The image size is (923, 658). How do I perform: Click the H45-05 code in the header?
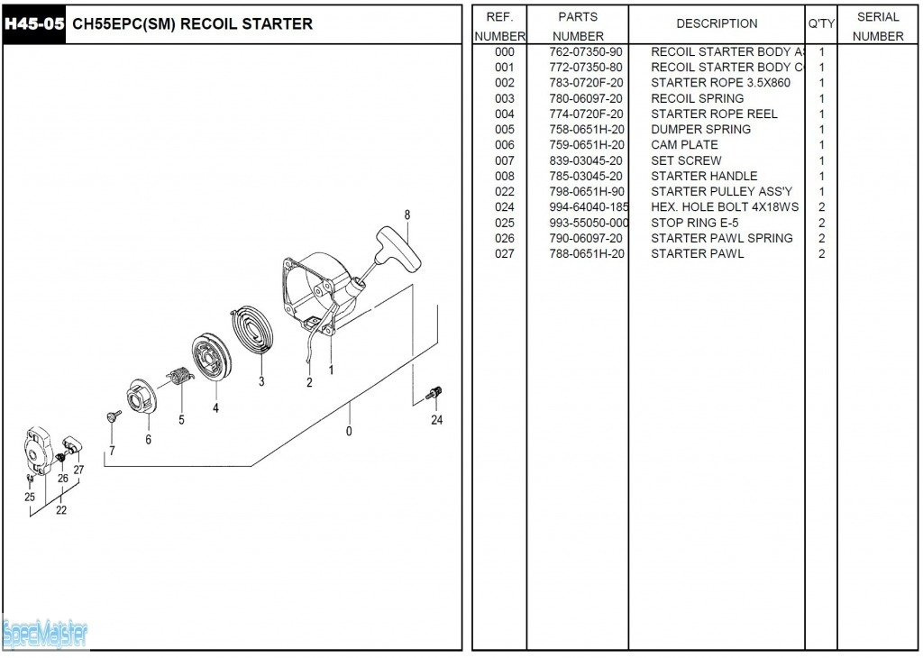(34, 24)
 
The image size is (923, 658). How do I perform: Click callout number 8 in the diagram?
(407, 215)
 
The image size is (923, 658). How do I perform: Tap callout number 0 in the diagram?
(349, 431)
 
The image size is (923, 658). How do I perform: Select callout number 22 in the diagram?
(60, 510)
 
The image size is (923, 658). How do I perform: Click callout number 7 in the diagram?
(112, 450)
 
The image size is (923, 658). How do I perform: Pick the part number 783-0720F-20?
(585, 83)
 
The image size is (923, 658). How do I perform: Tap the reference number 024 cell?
(505, 207)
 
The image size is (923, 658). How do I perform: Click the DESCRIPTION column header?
(717, 24)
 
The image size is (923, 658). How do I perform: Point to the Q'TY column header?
(821, 24)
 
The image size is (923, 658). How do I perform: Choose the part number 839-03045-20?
(585, 160)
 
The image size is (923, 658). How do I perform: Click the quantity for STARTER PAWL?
(821, 254)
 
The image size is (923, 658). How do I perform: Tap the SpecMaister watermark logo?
(45, 634)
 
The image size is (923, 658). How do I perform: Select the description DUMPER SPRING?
(700, 130)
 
